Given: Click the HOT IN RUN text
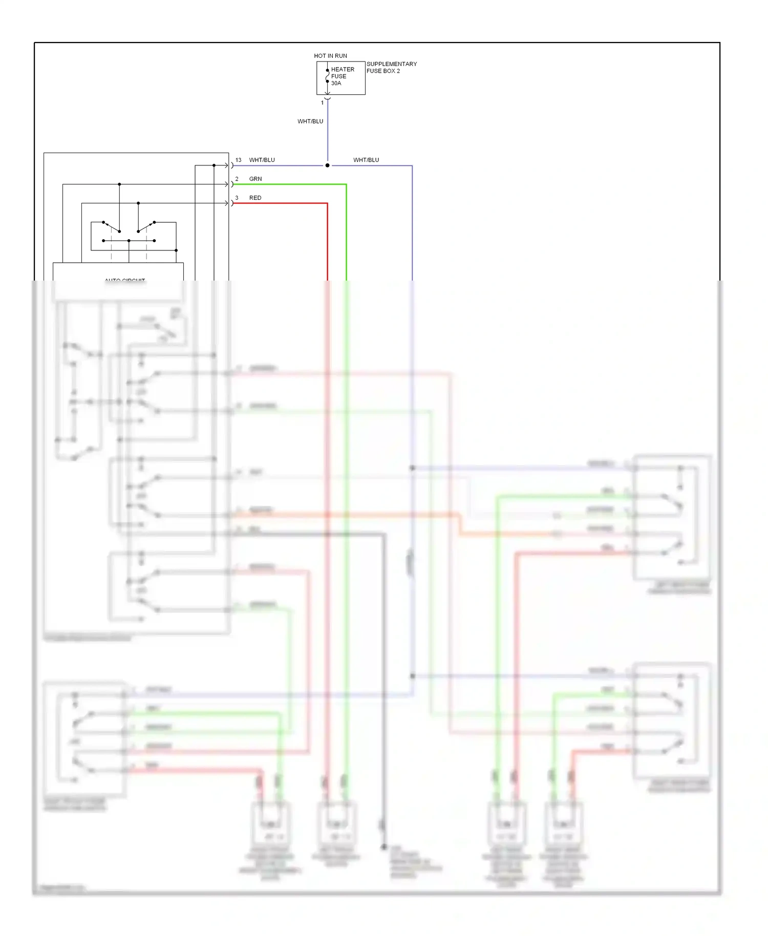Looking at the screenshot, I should pos(330,56).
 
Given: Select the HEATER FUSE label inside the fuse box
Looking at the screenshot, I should pos(342,73).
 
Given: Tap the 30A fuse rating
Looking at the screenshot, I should pos(336,83).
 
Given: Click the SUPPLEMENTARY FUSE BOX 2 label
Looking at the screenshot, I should pos(391,68).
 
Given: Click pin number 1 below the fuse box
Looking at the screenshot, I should pos(322,103).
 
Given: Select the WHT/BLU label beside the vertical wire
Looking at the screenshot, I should pos(310,121).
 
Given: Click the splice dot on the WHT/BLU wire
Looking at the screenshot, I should pos(328,165).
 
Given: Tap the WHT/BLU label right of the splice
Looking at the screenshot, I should pos(366,160).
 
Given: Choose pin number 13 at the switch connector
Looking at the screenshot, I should pos(238,160).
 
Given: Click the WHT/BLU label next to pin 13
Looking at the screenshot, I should pos(262,160).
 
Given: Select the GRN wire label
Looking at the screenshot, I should pos(255,179).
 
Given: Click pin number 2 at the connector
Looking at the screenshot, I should pos(237,179).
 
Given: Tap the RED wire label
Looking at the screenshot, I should pos(255,198).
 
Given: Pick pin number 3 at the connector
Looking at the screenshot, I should pos(237,198).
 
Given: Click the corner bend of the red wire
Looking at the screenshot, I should pos(327,204).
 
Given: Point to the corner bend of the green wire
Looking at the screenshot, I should pos(346,184).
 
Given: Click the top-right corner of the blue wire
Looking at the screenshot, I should pos(412,166).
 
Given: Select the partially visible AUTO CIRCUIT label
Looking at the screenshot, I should pos(125,280).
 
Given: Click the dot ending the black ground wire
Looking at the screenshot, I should pos(383,847).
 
